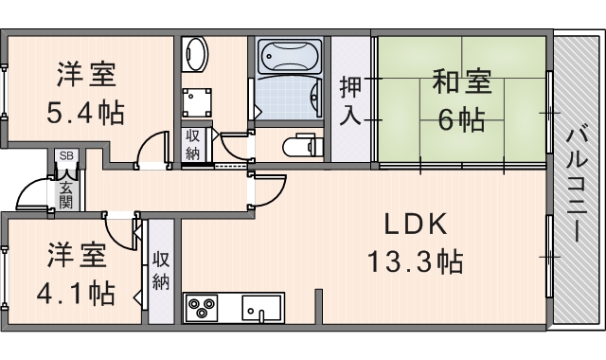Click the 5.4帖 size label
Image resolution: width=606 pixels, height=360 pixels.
[85, 112]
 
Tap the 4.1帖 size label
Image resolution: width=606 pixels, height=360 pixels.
[76, 294]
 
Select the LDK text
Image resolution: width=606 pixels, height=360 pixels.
[416, 224]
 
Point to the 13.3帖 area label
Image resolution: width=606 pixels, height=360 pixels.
[416, 261]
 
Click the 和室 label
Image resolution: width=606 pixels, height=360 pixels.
[462, 81]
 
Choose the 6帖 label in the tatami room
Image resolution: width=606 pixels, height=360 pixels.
[461, 119]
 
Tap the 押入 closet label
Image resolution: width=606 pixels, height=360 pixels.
[350, 101]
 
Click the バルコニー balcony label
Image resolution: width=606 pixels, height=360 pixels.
[575, 186]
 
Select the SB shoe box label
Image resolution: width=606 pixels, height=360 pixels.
[66, 155]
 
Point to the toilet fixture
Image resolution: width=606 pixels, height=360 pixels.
[303, 145]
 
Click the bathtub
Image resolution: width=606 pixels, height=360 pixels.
[290, 57]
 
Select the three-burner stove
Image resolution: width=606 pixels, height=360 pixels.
[202, 308]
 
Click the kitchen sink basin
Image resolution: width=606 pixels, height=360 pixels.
[261, 308]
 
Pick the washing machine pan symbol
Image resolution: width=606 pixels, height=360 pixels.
[197, 102]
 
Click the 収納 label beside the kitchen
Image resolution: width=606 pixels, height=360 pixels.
[161, 271]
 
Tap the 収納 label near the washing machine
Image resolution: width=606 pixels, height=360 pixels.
[192, 145]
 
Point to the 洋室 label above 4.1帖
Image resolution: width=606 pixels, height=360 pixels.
[77, 255]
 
